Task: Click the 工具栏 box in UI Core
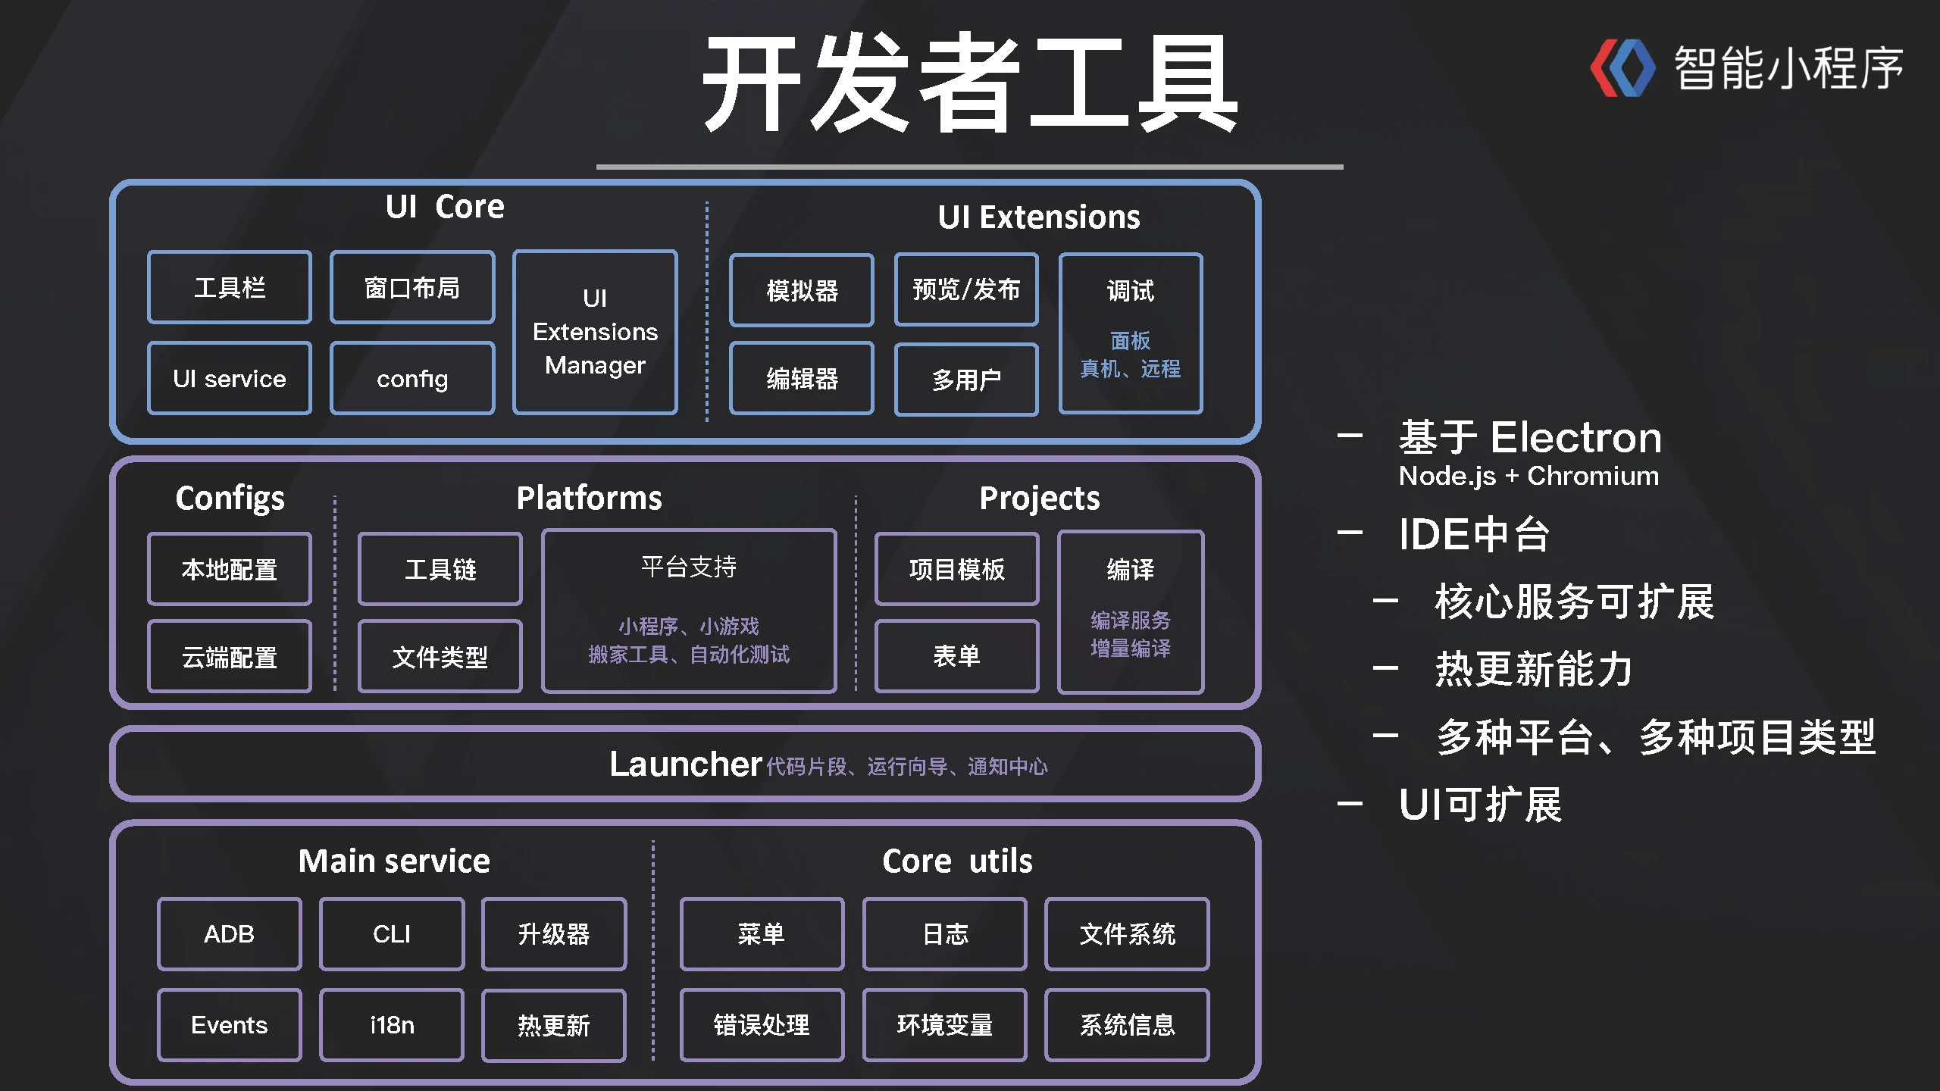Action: tap(230, 288)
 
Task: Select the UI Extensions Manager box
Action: tap(595, 332)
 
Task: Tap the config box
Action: tap(412, 378)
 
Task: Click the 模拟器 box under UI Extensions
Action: tap(802, 290)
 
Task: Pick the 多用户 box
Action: tap(966, 379)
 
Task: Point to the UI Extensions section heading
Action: tap(1038, 217)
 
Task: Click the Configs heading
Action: tap(230, 499)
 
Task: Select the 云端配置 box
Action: tap(230, 657)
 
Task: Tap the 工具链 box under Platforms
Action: tap(440, 569)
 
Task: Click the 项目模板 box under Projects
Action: tap(956, 569)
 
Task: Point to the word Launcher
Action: tap(685, 764)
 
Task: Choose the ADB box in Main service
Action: tap(229, 934)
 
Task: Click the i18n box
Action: tap(392, 1025)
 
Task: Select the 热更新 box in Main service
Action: tap(554, 1025)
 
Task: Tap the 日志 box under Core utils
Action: tap(945, 934)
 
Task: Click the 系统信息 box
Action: tap(1127, 1025)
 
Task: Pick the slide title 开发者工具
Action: tap(970, 83)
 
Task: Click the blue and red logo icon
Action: tap(1622, 68)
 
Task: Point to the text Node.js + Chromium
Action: tap(1529, 476)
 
